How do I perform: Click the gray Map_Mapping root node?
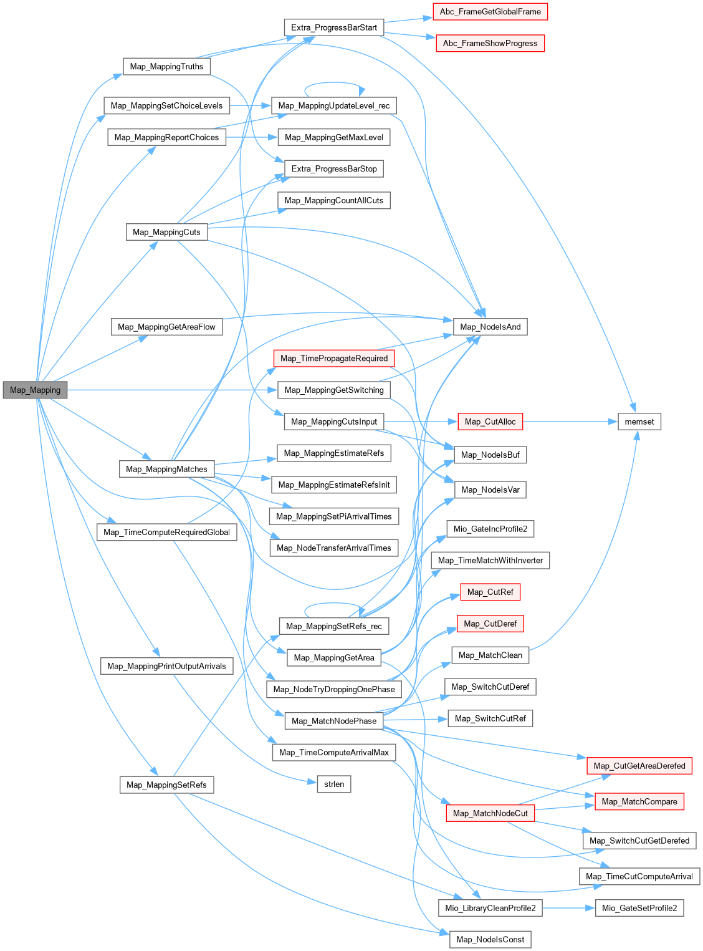(x=35, y=390)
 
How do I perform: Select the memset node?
(x=639, y=422)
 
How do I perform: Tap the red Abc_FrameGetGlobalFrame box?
(x=490, y=12)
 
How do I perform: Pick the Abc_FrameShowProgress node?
(x=490, y=43)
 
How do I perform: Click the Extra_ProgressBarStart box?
(x=334, y=27)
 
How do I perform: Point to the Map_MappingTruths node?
(x=166, y=67)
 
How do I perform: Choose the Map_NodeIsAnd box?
(x=490, y=327)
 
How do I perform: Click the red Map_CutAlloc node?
(x=490, y=422)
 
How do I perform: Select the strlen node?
(x=334, y=784)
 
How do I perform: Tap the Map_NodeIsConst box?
(x=490, y=939)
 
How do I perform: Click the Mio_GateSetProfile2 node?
(x=639, y=908)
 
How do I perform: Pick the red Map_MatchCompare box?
(x=639, y=801)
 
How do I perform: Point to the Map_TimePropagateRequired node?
(x=334, y=358)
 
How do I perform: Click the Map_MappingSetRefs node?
(x=166, y=784)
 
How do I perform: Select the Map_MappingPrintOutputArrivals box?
(x=166, y=666)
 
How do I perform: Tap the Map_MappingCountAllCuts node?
(x=334, y=200)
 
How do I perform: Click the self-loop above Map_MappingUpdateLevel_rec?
(x=334, y=84)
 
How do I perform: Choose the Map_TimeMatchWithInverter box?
(x=490, y=560)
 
